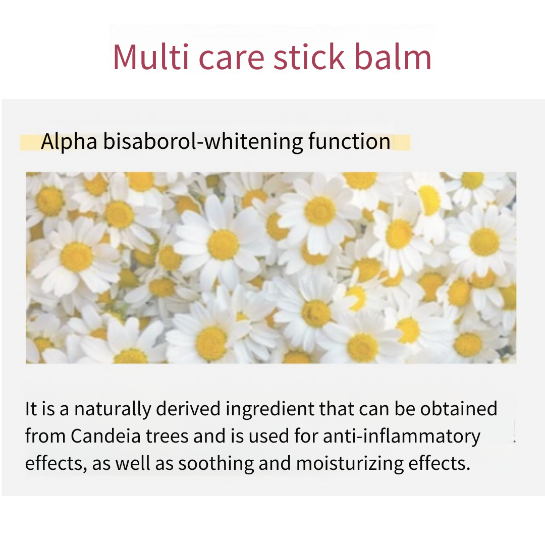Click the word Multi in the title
pos(151,57)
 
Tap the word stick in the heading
pos(309,57)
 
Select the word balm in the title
pos(393,57)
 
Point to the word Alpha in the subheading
pos(69,142)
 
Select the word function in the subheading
pos(349,141)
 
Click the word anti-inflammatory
pos(402,437)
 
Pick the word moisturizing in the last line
pos(350,464)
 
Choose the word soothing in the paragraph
pos(216,464)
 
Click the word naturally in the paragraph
pos(113,409)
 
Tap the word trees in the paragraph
pos(167,437)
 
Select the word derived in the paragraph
pos(188,408)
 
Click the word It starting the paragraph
pos(31,409)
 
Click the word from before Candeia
pos(45,436)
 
